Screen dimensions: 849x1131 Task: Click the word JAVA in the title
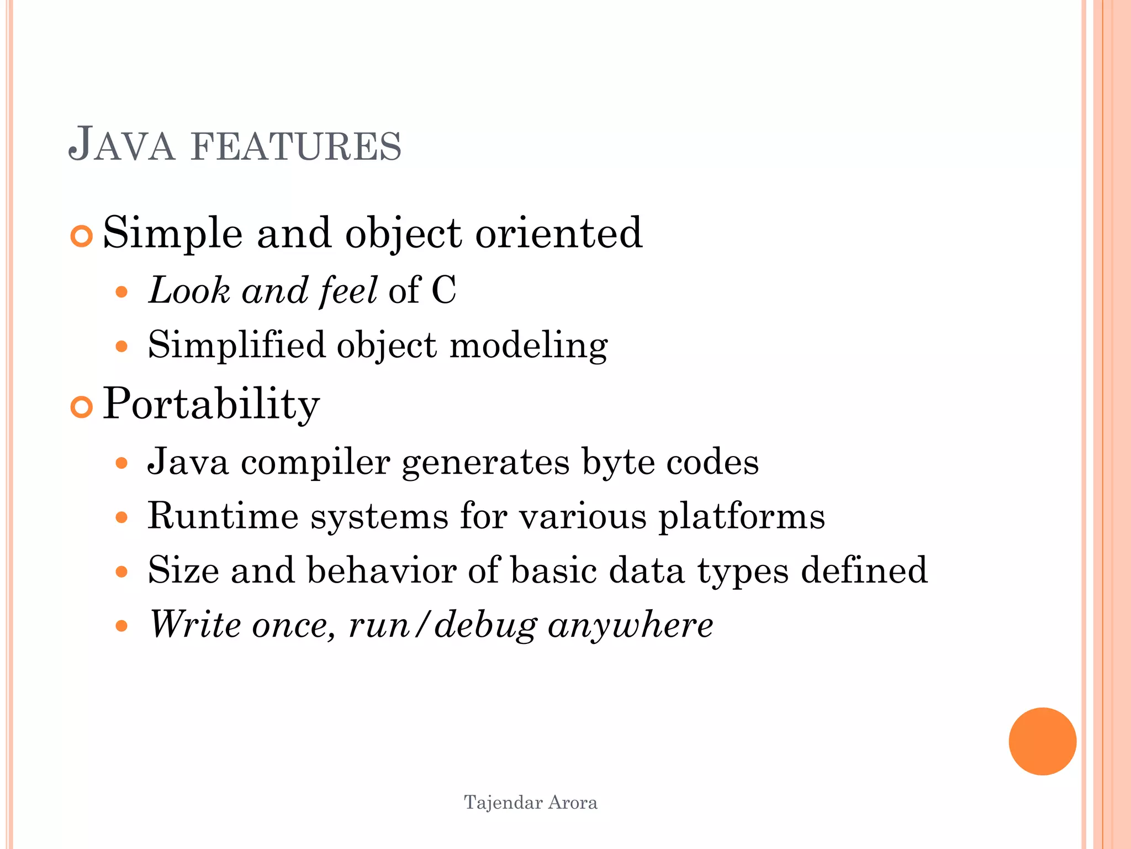[121, 145]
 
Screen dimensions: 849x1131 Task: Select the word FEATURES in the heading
[295, 146]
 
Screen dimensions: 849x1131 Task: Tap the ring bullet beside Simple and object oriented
[82, 236]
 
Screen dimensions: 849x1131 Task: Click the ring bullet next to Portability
[82, 407]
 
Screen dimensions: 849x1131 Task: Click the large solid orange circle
[1042, 741]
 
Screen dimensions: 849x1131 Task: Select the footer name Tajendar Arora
[530, 802]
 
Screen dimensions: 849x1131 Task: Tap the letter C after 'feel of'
[443, 290]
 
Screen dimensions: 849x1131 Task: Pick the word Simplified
[236, 346]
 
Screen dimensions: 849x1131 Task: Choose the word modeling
[528, 347]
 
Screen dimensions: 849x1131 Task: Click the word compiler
[315, 462]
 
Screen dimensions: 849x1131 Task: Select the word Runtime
[223, 516]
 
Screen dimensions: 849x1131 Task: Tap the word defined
[864, 570]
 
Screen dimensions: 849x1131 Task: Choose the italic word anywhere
[630, 626]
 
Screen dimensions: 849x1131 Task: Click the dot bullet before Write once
[122, 626]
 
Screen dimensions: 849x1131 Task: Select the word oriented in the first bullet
[559, 233]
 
